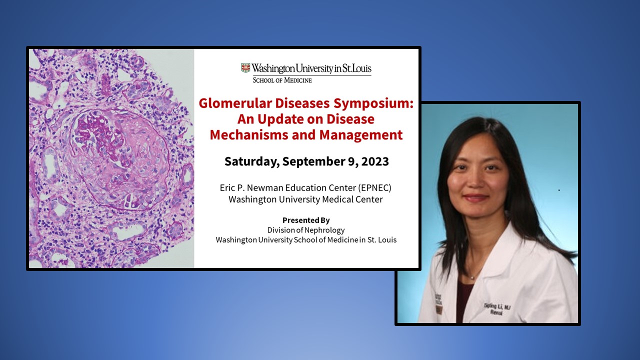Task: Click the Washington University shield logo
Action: pos(245,68)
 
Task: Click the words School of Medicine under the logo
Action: pos(282,80)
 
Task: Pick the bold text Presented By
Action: pos(306,220)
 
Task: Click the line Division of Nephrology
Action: pos(306,230)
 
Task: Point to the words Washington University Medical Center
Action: pos(305,199)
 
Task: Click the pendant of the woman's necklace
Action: pos(471,276)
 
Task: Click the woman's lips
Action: pos(475,198)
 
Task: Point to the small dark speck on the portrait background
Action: pos(558,190)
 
